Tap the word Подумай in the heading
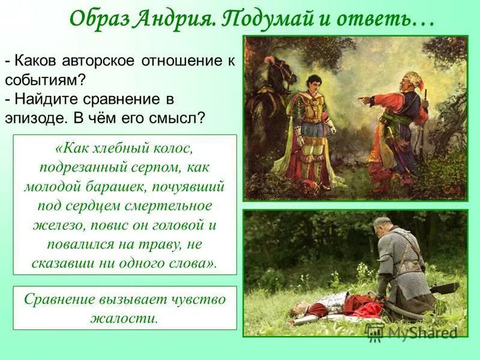point(272,20)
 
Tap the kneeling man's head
point(384,226)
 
